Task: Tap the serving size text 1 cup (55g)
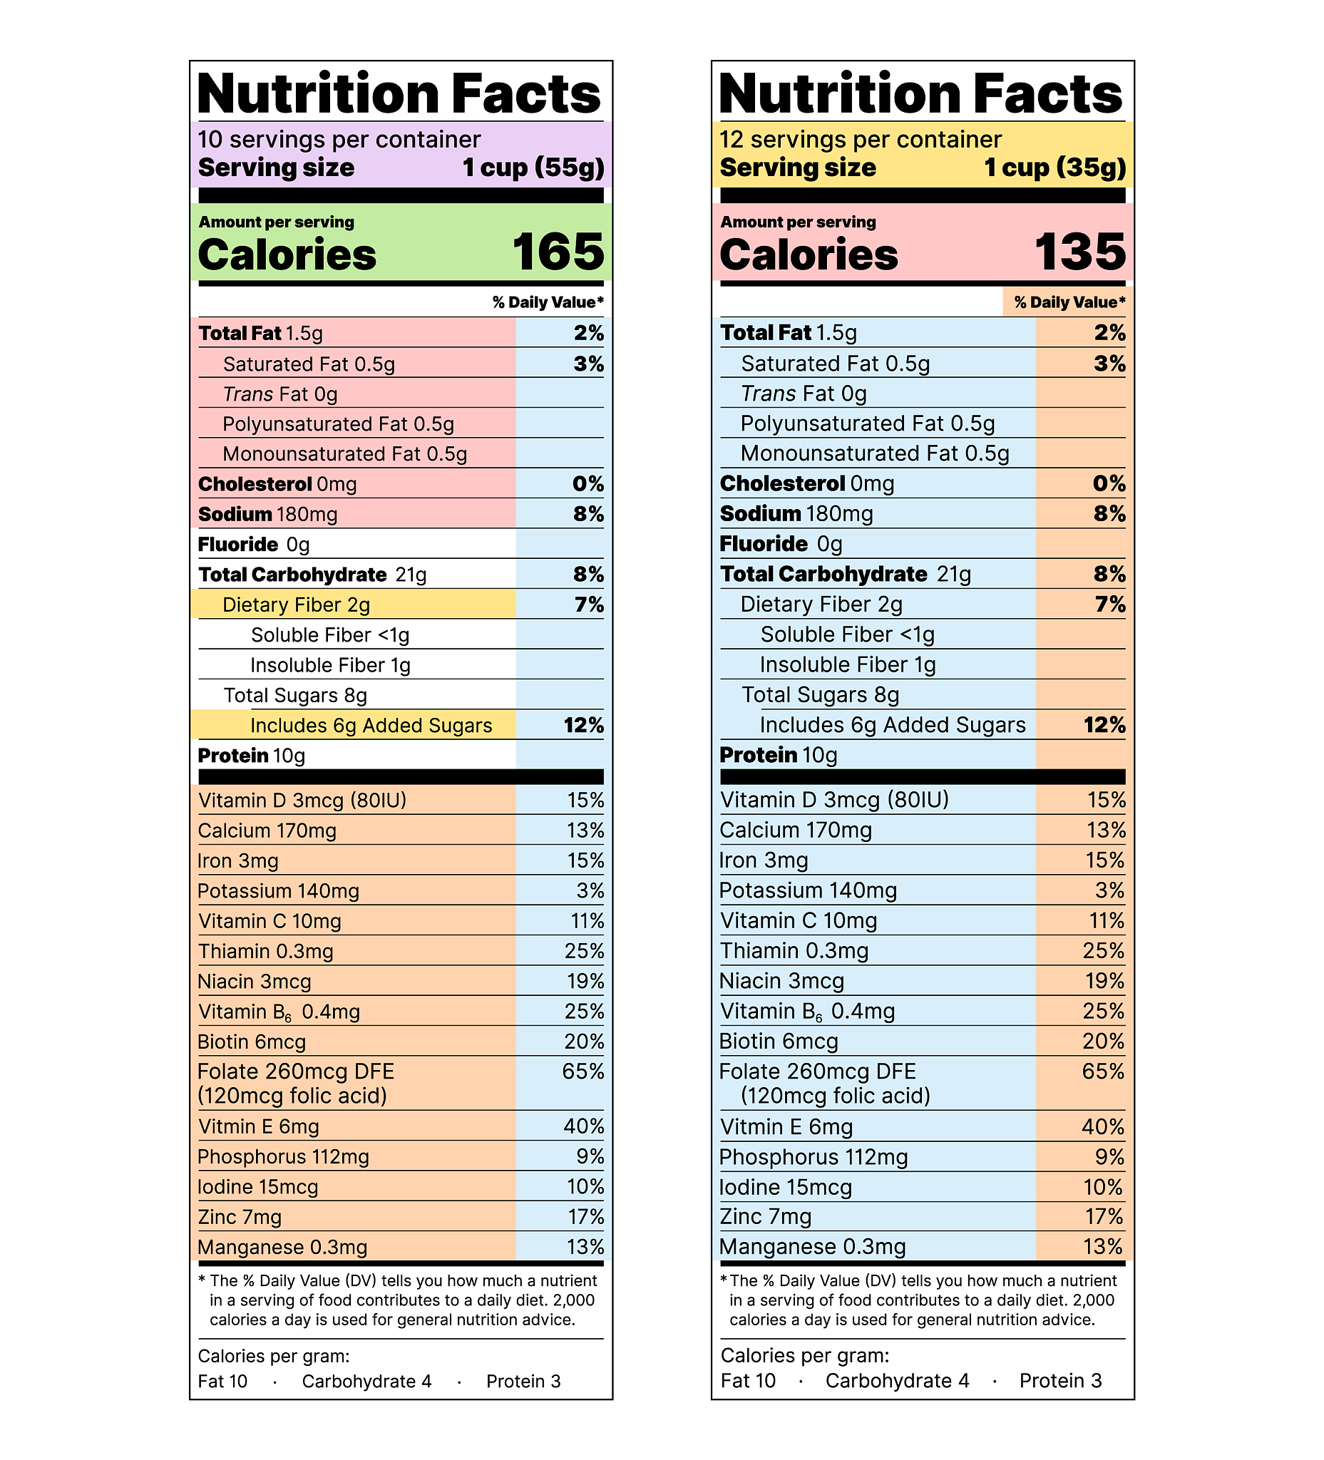(533, 168)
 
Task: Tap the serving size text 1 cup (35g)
(1054, 168)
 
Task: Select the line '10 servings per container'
(339, 139)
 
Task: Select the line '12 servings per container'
(861, 139)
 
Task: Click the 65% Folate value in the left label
(583, 1071)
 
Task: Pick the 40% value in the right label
(1102, 1126)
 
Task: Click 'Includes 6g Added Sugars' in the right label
(893, 724)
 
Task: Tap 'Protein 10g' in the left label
(252, 756)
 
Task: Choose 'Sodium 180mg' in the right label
(796, 513)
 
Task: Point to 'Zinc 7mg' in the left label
(240, 1217)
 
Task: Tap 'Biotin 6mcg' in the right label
(779, 1041)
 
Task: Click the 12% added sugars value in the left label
(583, 725)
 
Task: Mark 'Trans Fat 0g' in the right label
(804, 394)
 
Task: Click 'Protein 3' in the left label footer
(523, 1381)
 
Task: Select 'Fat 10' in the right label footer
(747, 1380)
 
